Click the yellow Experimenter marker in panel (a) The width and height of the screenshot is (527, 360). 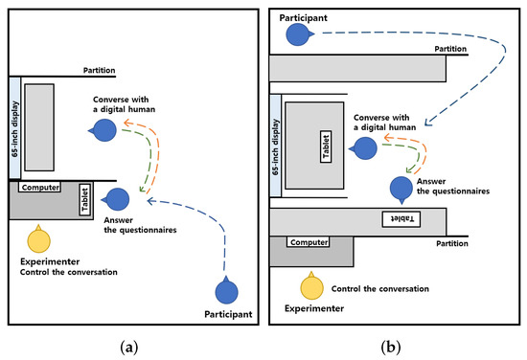tap(38, 239)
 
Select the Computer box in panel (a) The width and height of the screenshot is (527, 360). tap(39, 188)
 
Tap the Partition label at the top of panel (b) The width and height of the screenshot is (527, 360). tap(450, 48)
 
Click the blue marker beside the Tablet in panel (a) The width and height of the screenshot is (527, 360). tap(117, 199)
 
